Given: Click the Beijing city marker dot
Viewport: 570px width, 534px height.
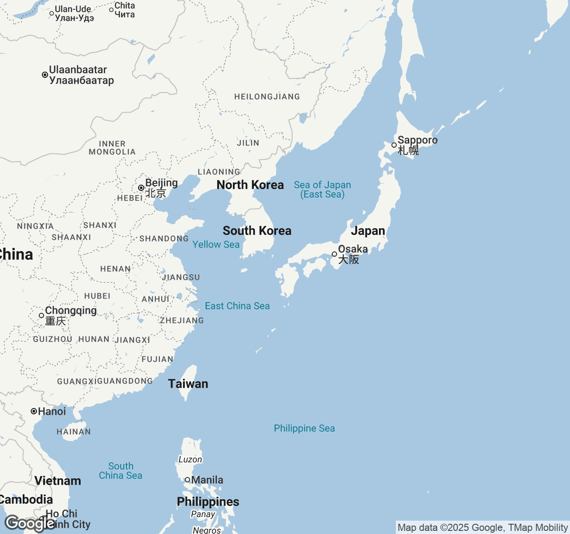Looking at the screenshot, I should click(141, 188).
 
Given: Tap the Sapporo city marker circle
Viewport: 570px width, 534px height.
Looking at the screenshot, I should click(394, 145).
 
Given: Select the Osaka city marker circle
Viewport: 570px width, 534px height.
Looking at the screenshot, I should click(334, 254).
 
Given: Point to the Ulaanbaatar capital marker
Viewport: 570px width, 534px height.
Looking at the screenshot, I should click(45, 75).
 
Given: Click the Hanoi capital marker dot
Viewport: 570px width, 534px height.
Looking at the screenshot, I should click(34, 411).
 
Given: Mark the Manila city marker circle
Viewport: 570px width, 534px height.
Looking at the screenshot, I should click(187, 480).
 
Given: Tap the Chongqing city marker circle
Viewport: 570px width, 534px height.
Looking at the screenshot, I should click(41, 316).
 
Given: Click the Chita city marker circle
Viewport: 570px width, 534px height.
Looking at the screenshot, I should click(111, 10).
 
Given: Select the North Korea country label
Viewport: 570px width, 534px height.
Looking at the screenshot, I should click(250, 185).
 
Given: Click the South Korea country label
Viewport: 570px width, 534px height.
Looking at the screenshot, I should click(257, 231).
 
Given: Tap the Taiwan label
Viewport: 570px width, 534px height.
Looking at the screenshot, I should click(188, 384).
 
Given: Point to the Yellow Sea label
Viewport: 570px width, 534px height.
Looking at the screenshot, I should click(216, 245).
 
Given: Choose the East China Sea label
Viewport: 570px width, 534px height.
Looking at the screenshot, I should click(237, 306).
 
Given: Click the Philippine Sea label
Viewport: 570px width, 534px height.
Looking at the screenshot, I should click(304, 429).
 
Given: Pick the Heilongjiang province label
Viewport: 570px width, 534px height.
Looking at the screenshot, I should click(267, 97).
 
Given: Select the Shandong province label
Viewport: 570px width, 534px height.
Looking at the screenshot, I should click(164, 239).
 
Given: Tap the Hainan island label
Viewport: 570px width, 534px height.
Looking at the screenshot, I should click(73, 432).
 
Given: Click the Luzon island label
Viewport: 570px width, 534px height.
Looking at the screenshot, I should click(190, 460).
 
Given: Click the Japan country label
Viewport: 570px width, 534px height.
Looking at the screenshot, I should click(368, 231).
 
